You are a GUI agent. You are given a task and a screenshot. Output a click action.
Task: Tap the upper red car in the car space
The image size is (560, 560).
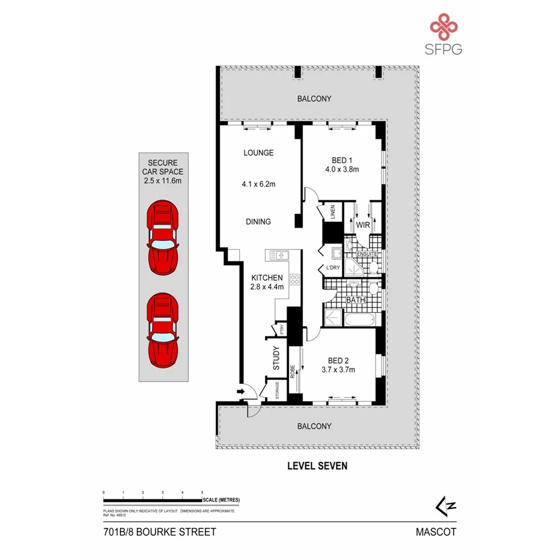click(162, 237)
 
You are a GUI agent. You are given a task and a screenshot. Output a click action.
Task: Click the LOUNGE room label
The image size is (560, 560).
click(258, 153)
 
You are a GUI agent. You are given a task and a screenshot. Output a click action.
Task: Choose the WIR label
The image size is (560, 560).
click(363, 225)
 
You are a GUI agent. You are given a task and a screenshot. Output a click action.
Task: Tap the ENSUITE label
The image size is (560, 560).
click(367, 255)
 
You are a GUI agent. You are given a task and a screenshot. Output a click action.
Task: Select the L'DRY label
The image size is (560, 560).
click(333, 267)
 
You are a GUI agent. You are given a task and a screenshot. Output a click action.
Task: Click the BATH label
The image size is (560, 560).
click(354, 299)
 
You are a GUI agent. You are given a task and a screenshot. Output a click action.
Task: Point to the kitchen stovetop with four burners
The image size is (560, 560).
click(295, 279)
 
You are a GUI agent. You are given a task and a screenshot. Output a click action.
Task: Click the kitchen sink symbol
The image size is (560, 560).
click(279, 255)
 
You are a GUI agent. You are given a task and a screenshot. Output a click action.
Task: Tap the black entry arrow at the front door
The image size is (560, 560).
click(241, 392)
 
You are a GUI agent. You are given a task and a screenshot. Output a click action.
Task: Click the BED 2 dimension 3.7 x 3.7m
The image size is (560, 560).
click(338, 370)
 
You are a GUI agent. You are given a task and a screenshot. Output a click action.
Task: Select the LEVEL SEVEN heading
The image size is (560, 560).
click(317, 465)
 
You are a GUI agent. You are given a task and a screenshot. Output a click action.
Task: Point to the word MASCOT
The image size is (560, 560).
click(436, 532)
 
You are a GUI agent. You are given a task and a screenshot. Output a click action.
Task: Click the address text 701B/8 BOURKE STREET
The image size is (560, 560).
click(159, 532)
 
